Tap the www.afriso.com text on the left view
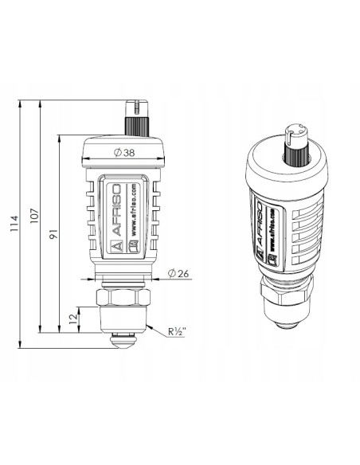pyautogui.click(x=134, y=213)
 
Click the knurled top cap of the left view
pyautogui.click(x=135, y=120)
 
